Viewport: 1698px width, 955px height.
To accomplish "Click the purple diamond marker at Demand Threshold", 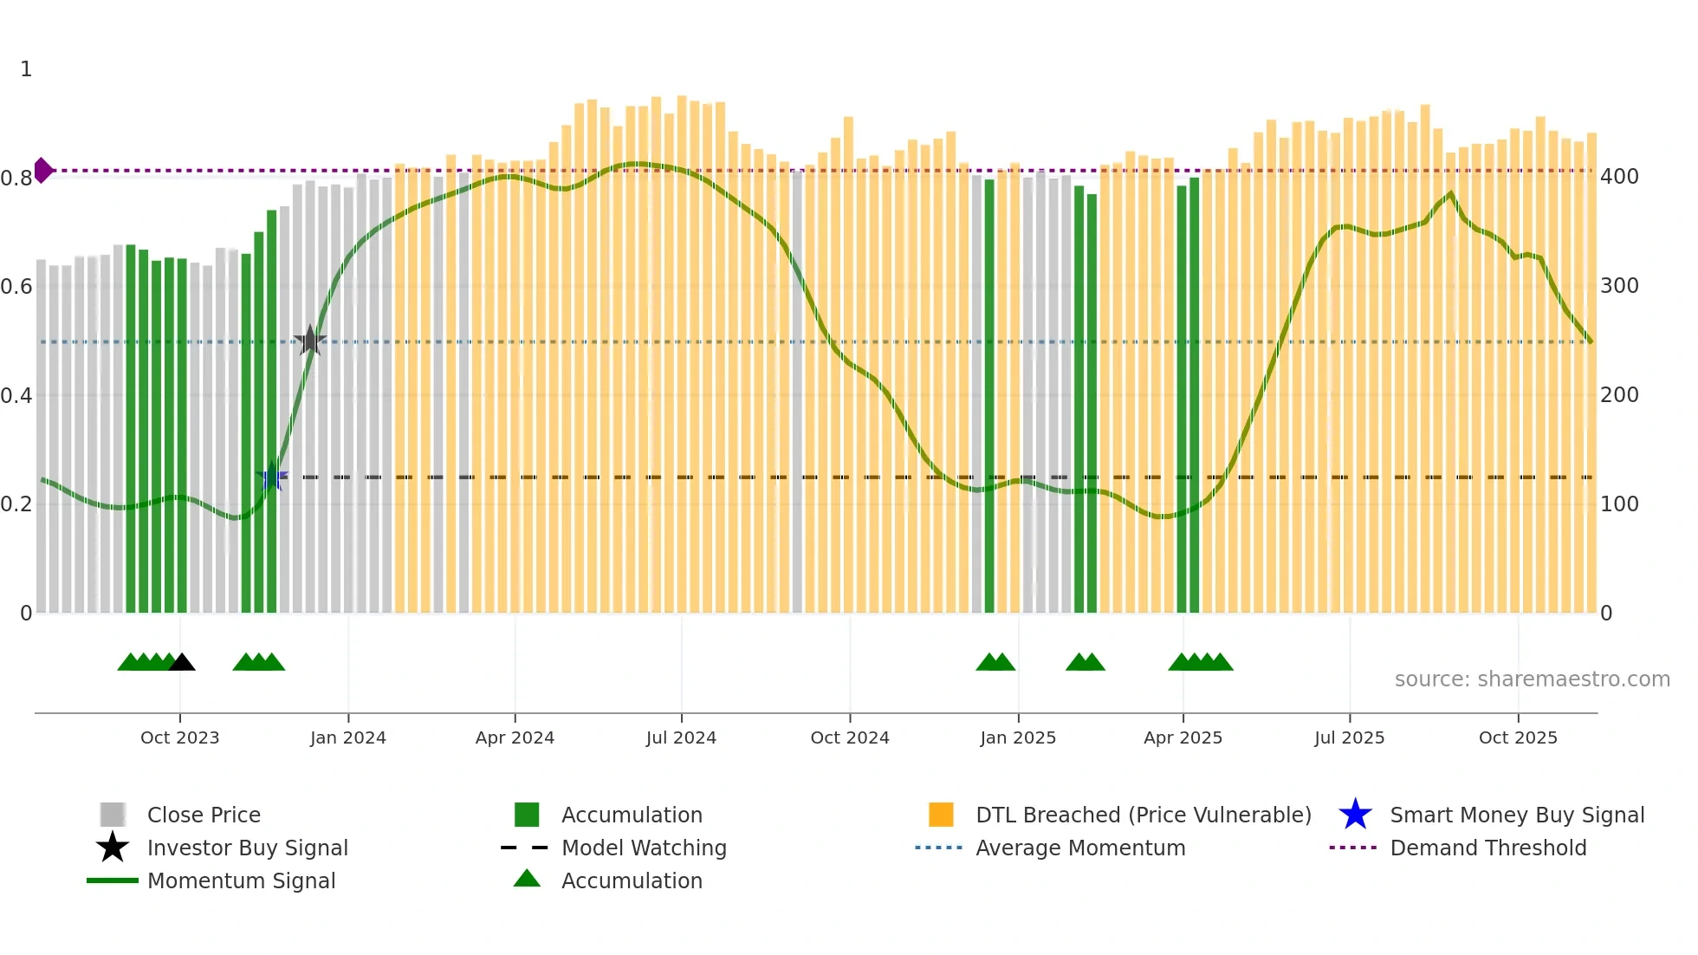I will [42, 171].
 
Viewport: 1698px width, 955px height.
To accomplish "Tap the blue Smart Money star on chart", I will [272, 477].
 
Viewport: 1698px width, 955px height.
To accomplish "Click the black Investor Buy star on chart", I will [309, 341].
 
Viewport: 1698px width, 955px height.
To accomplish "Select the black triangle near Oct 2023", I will [182, 663].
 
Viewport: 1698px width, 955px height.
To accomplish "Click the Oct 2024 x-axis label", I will [849, 738].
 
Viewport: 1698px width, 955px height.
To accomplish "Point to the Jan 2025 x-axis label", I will [1018, 738].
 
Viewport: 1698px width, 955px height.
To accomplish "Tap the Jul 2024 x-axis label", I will [681, 738].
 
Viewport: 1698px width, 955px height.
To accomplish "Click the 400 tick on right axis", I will [1619, 177].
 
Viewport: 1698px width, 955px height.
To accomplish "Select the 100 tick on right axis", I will [1619, 504].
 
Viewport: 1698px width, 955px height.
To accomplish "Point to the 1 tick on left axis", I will [26, 69].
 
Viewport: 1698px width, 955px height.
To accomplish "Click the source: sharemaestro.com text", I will [1532, 679].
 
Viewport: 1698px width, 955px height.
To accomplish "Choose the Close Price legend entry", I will [204, 815].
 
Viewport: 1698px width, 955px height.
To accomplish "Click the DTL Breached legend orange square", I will [941, 815].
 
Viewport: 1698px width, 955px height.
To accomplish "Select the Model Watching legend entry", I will [644, 848].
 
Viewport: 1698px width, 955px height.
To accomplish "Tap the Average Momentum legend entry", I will [1080, 848].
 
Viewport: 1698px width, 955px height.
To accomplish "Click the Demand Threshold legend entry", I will [1487, 848].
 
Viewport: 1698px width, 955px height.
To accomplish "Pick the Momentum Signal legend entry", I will [241, 881].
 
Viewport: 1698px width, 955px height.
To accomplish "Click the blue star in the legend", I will [1355, 815].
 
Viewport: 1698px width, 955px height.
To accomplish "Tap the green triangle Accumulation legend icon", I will [527, 880].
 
